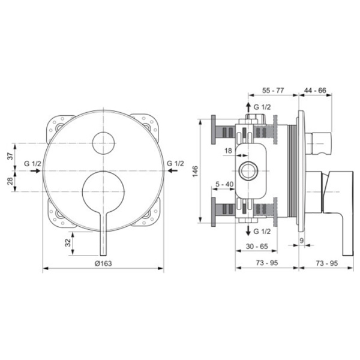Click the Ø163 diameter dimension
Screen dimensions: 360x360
(103, 264)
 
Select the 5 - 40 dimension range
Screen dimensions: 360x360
(223, 185)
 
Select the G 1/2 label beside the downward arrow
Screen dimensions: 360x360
(262, 230)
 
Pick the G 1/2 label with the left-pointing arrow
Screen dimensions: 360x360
(175, 163)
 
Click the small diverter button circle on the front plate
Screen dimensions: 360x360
(103, 143)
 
